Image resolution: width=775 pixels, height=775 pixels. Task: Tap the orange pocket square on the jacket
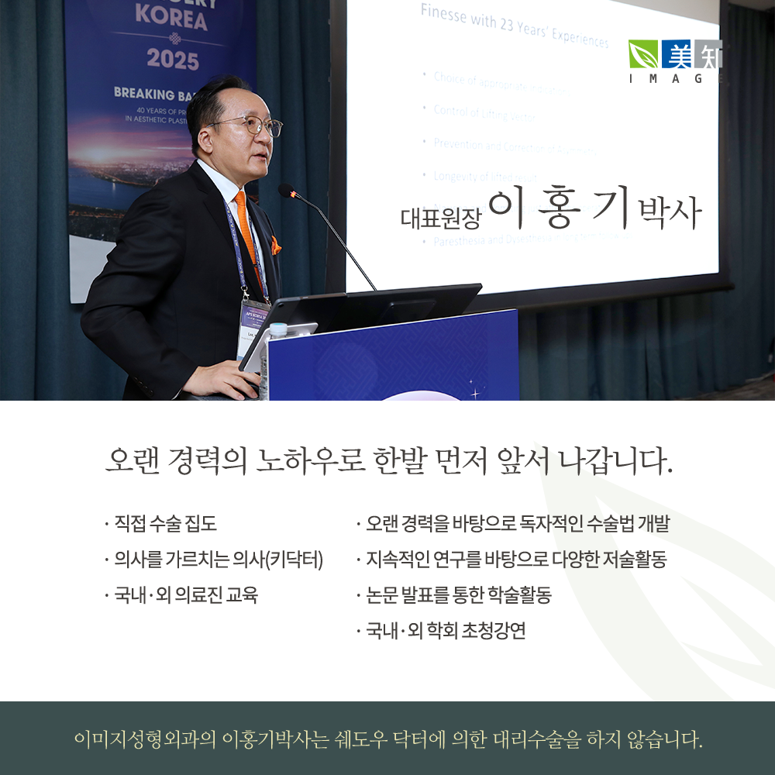276,246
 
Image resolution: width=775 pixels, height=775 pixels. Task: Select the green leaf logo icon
642,55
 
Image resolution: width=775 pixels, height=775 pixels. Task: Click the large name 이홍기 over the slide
556,207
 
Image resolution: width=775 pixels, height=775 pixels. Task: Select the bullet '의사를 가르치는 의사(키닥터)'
217,559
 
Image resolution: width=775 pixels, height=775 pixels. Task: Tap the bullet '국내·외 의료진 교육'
185,594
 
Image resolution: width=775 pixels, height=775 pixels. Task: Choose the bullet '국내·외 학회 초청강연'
446,630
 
